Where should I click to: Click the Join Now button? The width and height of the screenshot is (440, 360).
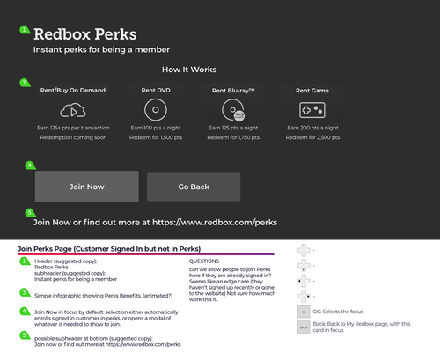coord(86,187)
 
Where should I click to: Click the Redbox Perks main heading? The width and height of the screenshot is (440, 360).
coord(84,34)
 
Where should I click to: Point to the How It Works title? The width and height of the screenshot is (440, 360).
coord(189,70)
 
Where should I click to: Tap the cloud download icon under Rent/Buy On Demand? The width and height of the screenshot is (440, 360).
coord(73,110)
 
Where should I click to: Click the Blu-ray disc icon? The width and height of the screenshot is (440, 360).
coord(233,110)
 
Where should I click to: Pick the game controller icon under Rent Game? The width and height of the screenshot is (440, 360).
coord(312,110)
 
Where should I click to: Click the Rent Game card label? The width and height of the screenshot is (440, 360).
coord(312,90)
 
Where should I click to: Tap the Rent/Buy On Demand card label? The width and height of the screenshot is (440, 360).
coord(73,90)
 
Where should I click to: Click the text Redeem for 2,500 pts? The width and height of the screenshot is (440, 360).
coord(312,137)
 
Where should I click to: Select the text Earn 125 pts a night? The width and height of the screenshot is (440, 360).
coord(233,129)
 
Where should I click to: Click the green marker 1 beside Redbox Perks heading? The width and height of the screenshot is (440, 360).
coord(25,30)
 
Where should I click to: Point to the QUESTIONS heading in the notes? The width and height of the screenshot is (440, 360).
coord(205,261)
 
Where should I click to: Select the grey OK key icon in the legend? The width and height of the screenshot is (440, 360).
coord(304,312)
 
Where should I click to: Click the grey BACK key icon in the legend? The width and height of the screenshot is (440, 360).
coord(304,327)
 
